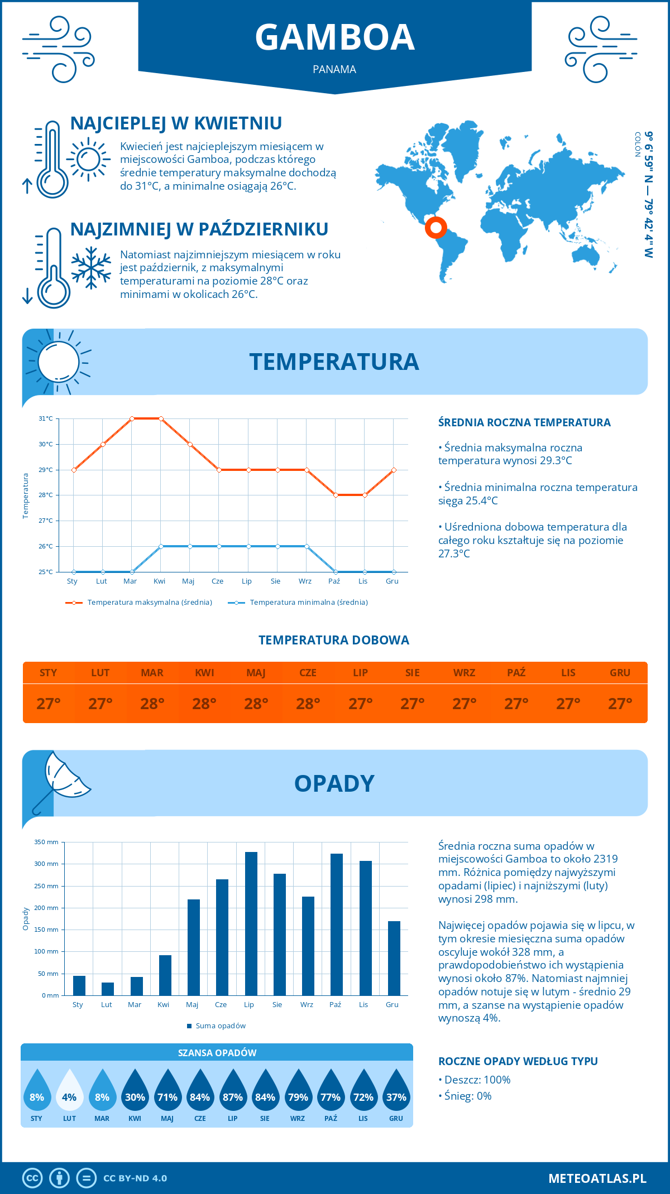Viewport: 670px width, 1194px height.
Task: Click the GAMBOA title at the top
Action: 334,37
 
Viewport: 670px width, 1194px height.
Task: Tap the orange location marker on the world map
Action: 435,228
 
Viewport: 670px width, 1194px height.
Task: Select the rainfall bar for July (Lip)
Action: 251,923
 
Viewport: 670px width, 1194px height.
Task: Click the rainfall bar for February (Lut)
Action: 108,989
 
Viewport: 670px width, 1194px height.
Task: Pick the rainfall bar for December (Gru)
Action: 394,958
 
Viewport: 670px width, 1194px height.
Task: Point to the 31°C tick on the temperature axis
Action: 46,418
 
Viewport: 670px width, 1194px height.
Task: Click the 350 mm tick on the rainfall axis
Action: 46,842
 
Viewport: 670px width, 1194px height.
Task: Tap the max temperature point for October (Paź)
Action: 336,495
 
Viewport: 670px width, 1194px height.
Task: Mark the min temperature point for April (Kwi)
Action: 161,546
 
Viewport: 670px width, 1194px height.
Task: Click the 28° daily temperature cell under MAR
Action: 152,704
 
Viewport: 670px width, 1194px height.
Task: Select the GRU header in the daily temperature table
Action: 620,673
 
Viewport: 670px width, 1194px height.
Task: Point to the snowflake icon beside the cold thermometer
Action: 91,268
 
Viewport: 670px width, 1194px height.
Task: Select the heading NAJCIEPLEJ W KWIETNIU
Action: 176,123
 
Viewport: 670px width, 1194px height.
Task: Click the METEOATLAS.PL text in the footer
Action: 597,1178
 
